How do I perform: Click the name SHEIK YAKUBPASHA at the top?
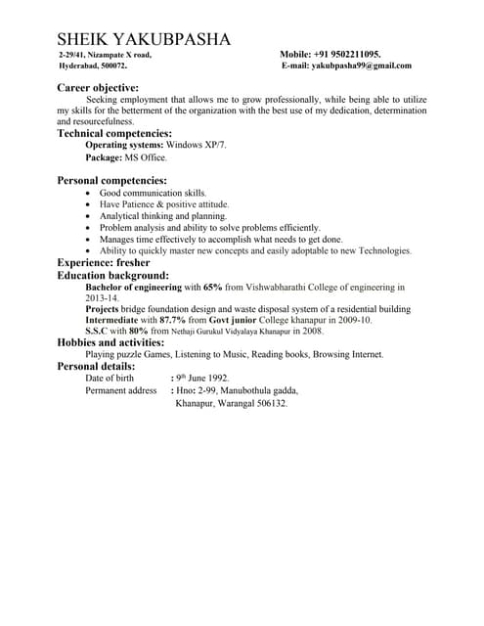[x=144, y=39]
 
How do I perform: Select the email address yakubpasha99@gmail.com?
[x=361, y=66]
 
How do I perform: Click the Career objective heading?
[x=107, y=88]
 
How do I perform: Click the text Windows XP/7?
[x=196, y=145]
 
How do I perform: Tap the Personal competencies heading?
[x=111, y=181]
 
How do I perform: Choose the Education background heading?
[x=112, y=276]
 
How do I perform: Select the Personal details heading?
[x=96, y=366]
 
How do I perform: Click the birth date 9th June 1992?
[x=202, y=378]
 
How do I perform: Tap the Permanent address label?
[x=121, y=390]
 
